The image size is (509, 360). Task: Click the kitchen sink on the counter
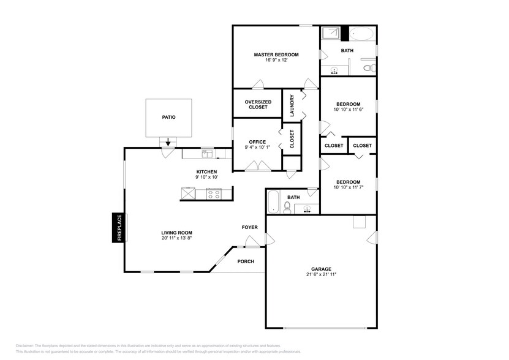pyautogui.click(x=207, y=153)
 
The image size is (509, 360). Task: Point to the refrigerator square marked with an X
pyautogui.click(x=187, y=193)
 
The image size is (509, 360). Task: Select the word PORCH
pyautogui.click(x=246, y=261)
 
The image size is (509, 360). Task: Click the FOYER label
pyautogui.click(x=249, y=227)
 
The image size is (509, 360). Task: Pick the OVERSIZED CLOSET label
pyautogui.click(x=258, y=105)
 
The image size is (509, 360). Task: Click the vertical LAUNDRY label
pyautogui.click(x=292, y=105)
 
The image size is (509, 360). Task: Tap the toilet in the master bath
pyautogui.click(x=368, y=68)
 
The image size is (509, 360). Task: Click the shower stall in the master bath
pyautogui.click(x=331, y=33)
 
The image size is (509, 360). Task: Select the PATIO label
pyautogui.click(x=168, y=116)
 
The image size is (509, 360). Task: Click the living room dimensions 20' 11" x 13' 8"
pyautogui.click(x=177, y=238)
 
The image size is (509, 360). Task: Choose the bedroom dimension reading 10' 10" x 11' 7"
pyautogui.click(x=347, y=187)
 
